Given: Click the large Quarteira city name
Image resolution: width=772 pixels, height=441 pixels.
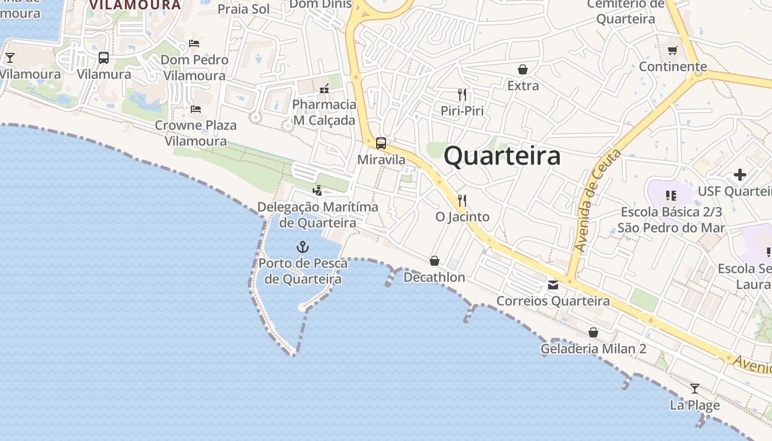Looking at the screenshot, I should tap(502, 156).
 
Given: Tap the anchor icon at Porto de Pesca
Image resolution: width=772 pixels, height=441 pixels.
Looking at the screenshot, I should tap(303, 246).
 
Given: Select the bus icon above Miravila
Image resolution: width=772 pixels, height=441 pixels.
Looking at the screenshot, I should tap(381, 143).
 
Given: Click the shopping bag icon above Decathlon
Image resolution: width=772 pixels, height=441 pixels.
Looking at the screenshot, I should tap(435, 260).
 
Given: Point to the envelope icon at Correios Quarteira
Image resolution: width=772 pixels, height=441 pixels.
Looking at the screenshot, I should tap(553, 285).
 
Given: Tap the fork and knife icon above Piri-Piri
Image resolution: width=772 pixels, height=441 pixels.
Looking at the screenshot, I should tap(462, 95).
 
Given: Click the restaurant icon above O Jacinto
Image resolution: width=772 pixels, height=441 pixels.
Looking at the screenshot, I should tap(462, 200).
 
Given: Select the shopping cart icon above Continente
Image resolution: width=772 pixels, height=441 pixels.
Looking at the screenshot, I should tap(672, 51).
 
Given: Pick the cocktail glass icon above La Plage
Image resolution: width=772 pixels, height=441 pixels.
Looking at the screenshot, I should tap(695, 389).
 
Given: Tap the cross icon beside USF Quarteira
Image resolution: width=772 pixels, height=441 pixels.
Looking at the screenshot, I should tap(740, 175).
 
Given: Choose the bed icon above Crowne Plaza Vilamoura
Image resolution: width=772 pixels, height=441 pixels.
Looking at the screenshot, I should tap(195, 109).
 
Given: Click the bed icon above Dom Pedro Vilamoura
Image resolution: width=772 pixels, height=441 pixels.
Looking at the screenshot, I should tap(194, 43).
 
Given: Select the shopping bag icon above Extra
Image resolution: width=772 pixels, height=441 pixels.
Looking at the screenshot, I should tap(522, 69).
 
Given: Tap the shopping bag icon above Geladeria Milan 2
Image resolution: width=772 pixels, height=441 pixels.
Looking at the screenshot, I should tap(593, 332).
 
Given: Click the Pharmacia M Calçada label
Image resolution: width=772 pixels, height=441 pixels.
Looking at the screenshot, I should tap(324, 112).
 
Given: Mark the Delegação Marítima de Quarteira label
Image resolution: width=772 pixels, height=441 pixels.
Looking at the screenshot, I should tap(318, 215).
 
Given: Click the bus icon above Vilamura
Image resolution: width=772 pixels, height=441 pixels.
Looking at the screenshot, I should tap(104, 58).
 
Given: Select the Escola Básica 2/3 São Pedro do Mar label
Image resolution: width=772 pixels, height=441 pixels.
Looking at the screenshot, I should tap(671, 219).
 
